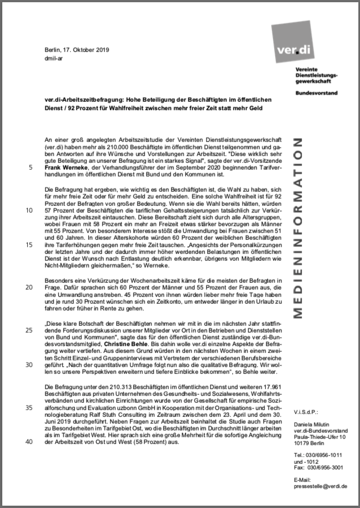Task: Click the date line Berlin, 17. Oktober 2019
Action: click(76, 50)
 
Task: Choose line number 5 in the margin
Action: click(29, 167)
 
